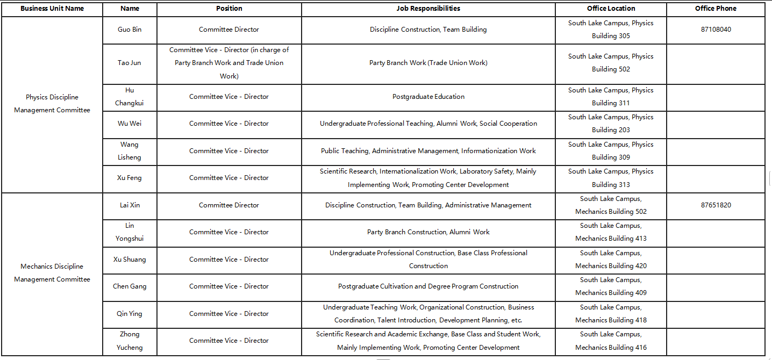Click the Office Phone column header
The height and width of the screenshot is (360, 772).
(x=716, y=9)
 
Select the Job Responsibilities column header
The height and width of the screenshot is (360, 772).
(x=428, y=9)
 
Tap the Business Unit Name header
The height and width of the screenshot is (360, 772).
(x=52, y=9)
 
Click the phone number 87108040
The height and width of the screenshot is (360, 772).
(x=716, y=30)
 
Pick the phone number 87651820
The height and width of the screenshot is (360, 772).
(x=716, y=205)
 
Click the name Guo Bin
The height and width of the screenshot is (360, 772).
(x=130, y=30)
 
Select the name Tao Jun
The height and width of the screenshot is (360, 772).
(x=130, y=63)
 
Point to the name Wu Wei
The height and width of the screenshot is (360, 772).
(x=130, y=124)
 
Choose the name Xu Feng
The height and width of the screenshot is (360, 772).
(x=130, y=178)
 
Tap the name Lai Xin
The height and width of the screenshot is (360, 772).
(x=130, y=205)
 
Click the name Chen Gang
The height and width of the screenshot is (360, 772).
(x=130, y=286)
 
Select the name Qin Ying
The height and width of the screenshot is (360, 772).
(x=130, y=314)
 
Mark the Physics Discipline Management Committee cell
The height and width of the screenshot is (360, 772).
(x=52, y=104)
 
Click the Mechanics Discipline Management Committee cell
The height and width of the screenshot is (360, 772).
(x=52, y=273)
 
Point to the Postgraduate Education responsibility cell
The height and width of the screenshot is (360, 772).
(x=428, y=97)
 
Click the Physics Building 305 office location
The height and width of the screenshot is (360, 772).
(x=611, y=30)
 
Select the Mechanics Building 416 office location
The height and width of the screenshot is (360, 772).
(x=611, y=341)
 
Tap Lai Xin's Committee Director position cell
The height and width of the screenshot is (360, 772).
(x=228, y=205)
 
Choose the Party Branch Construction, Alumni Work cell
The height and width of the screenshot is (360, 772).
(x=428, y=232)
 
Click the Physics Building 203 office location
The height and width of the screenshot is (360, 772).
(x=611, y=124)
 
